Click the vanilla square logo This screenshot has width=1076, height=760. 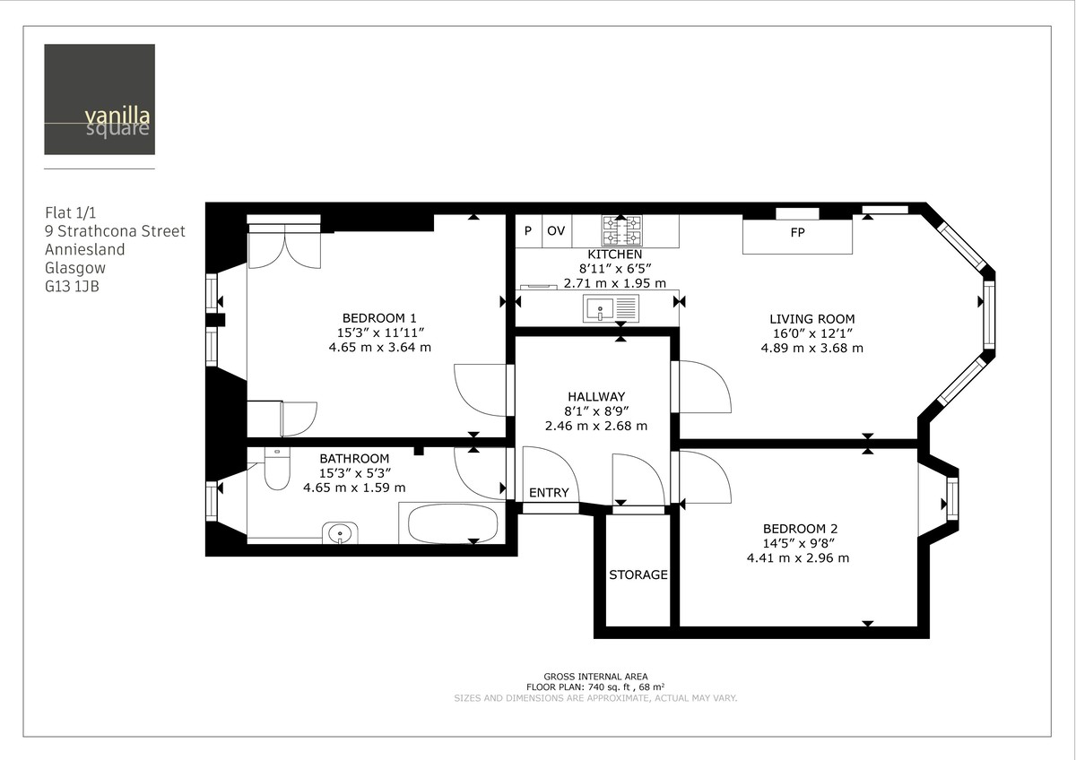100,99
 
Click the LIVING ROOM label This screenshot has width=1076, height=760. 811,318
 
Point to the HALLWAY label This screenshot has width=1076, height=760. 595,396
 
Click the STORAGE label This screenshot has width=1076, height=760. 638,574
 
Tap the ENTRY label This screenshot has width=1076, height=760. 549,493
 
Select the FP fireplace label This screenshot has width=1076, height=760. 797,232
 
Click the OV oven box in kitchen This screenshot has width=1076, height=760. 556,231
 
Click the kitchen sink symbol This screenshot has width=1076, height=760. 611,309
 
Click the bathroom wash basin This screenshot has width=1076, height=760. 341,533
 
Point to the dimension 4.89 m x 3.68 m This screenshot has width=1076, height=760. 811,348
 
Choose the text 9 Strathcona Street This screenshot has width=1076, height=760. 115,231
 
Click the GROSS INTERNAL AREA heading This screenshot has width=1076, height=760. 595,677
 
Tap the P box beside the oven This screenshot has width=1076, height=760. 528,231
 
